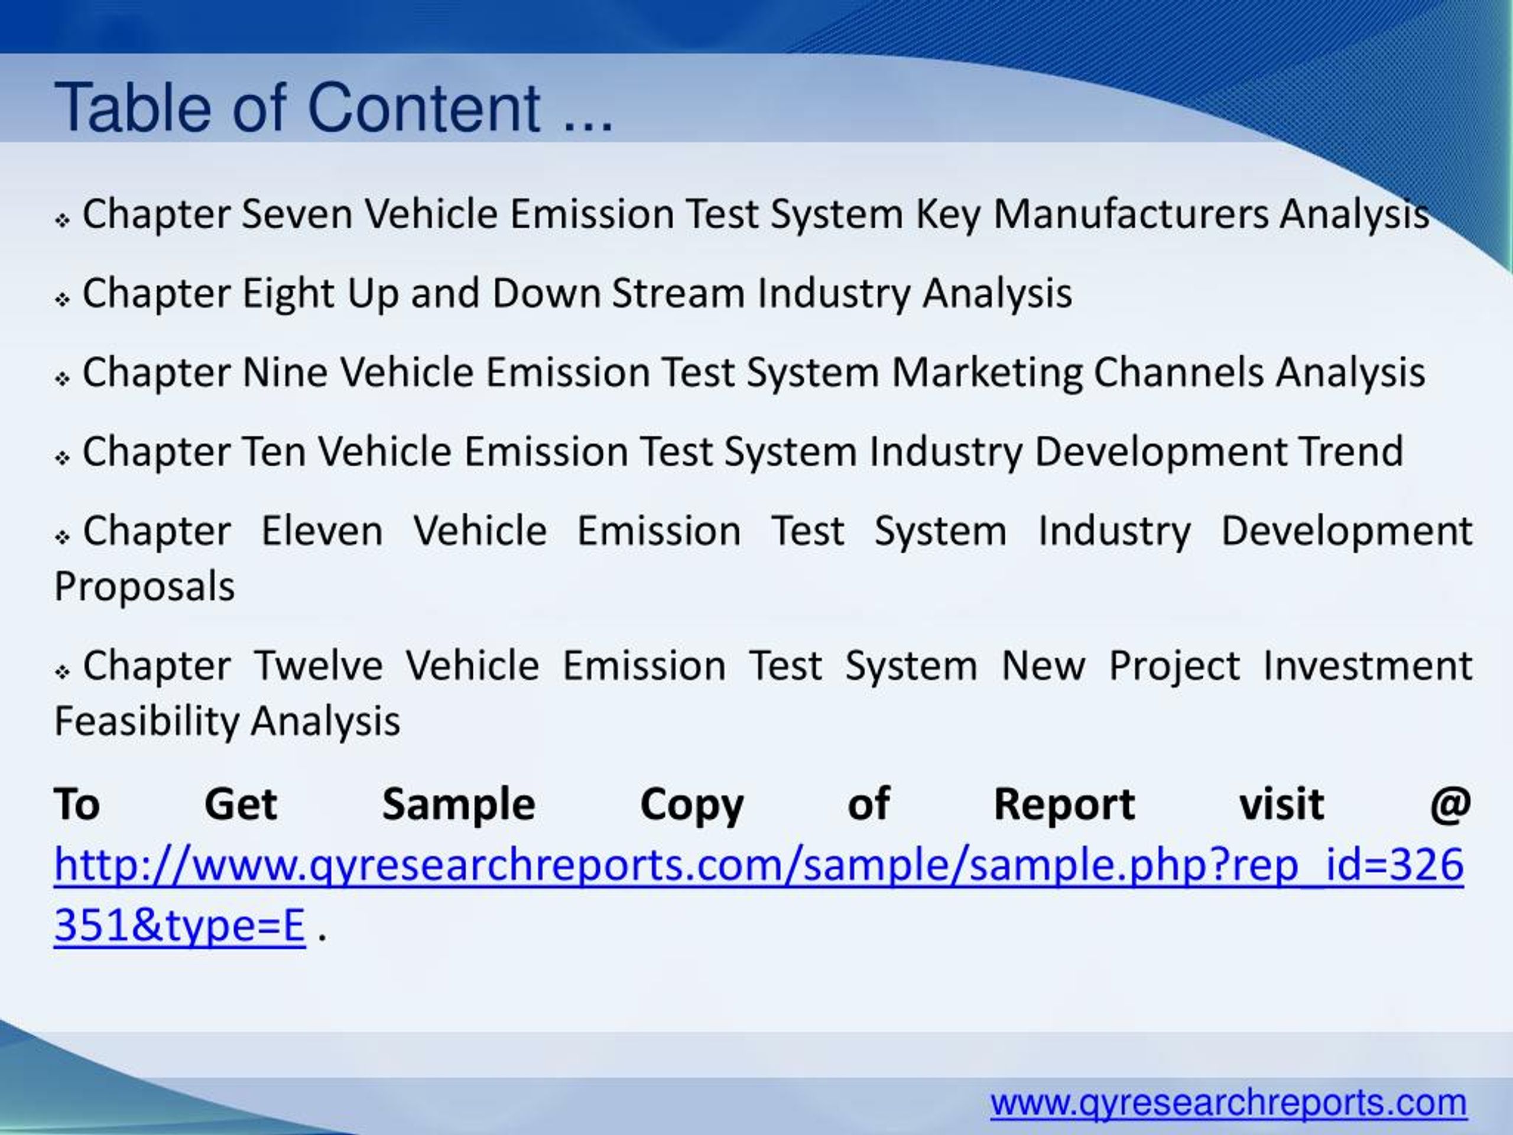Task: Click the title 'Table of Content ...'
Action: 333,108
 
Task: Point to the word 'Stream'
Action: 678,293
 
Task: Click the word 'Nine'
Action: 284,373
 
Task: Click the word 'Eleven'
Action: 322,531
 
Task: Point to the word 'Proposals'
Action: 144,587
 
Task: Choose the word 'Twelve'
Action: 318,666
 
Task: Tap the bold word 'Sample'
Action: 458,804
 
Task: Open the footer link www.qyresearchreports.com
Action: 1229,1103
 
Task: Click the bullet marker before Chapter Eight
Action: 63,300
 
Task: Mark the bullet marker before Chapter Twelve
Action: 63,672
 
